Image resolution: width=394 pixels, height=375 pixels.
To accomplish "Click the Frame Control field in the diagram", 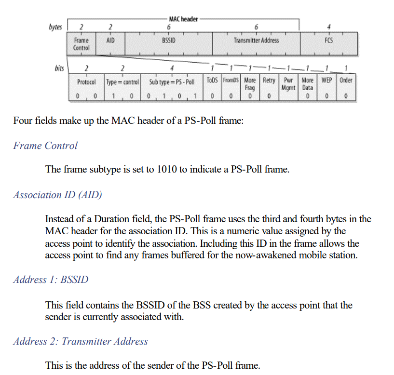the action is tap(81, 44).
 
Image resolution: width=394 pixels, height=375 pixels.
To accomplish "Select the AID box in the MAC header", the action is tap(110, 40).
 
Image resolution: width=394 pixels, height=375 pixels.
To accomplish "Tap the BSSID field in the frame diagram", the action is tap(168, 40).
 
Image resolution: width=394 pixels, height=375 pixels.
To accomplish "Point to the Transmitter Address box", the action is tap(256, 40).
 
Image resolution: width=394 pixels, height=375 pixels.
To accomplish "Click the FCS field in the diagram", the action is tap(328, 40).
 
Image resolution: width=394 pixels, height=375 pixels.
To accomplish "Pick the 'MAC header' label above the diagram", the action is tap(184, 19).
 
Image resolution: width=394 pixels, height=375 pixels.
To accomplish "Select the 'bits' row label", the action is tap(60, 68).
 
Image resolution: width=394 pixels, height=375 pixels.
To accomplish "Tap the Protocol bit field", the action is tap(87, 81).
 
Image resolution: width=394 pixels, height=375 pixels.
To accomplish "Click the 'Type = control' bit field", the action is tap(122, 81).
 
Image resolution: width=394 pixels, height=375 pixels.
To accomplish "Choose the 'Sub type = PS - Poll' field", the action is tap(172, 81).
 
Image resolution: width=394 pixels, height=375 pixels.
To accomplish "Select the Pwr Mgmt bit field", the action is tap(289, 84).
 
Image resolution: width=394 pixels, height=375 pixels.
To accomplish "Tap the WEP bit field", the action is tap(326, 81).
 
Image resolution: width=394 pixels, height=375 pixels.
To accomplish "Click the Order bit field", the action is tap(346, 81).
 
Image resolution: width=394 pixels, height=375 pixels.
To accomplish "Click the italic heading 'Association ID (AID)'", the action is tap(58, 195).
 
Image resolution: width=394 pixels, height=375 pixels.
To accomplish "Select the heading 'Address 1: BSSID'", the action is tap(51, 280).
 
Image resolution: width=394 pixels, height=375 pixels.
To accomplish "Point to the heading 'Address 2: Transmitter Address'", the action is tap(81, 342).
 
